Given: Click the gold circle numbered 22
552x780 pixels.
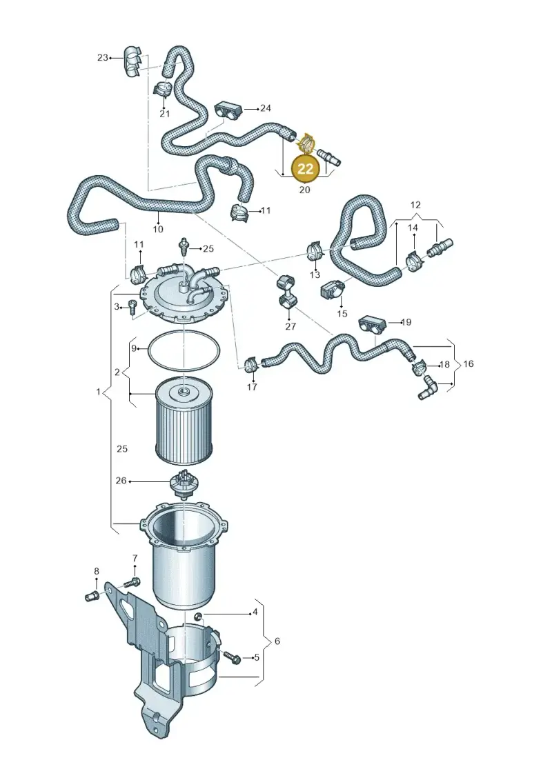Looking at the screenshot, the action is tap(304, 168).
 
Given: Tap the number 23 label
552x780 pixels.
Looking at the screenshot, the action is tap(103, 58).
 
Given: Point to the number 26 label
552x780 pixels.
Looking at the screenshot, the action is tap(121, 481).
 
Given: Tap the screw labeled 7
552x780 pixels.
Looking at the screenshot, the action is tap(132, 581).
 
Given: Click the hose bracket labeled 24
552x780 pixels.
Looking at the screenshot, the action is tap(228, 110).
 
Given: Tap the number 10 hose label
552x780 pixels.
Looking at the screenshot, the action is tap(158, 229).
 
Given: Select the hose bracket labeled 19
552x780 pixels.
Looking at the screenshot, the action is tap(372, 324).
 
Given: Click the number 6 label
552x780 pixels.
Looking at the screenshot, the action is tap(277, 641).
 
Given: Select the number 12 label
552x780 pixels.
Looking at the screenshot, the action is tap(415, 204).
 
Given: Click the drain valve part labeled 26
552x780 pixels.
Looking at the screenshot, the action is tap(184, 484).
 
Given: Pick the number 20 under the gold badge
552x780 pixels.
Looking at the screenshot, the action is tap(304, 190).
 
